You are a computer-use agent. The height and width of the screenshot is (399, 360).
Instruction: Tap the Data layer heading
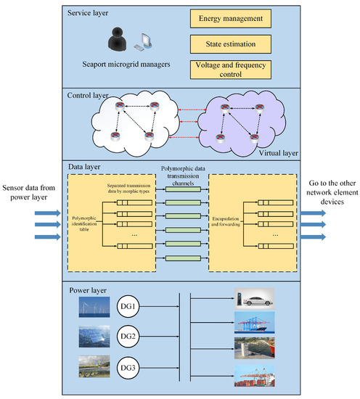81,167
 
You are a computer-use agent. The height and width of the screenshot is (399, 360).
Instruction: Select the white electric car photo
254,297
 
